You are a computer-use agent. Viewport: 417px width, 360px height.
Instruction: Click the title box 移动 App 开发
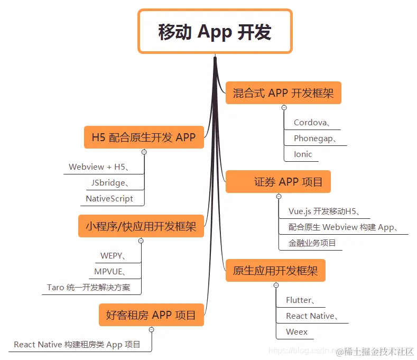pyautogui.click(x=215, y=32)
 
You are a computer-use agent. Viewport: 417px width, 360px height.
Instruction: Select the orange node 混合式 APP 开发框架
pyautogui.click(x=283, y=94)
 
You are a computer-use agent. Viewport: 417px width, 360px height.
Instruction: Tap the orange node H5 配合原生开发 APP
pyautogui.click(x=144, y=137)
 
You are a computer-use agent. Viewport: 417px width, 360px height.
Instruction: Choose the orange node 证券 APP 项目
pyautogui.click(x=278, y=182)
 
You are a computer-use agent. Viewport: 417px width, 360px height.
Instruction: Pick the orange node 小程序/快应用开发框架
pyautogui.click(x=141, y=226)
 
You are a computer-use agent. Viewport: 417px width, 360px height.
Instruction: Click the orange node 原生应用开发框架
pyautogui.click(x=275, y=271)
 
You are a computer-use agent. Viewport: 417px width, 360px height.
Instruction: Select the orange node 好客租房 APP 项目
pyautogui.click(x=151, y=315)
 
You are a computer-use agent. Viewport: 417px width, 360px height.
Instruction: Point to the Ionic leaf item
pyautogui.click(x=303, y=154)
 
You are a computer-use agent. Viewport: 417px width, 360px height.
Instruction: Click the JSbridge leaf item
pyautogui.click(x=108, y=183)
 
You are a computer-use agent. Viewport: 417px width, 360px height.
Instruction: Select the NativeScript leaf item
pyautogui.click(x=109, y=199)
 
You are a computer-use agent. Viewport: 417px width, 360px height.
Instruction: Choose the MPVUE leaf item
pyautogui.click(x=110, y=272)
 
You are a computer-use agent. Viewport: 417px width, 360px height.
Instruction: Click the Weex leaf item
pyautogui.click(x=296, y=332)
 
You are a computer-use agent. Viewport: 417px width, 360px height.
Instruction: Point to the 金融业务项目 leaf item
pyautogui.click(x=312, y=243)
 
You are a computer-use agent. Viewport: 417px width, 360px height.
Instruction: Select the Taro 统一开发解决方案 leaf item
pyautogui.click(x=88, y=288)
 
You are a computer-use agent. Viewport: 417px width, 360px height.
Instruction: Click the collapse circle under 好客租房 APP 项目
pyautogui.click(x=151, y=329)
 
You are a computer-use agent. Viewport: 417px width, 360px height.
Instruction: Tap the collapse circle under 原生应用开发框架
pyautogui.click(x=276, y=285)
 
